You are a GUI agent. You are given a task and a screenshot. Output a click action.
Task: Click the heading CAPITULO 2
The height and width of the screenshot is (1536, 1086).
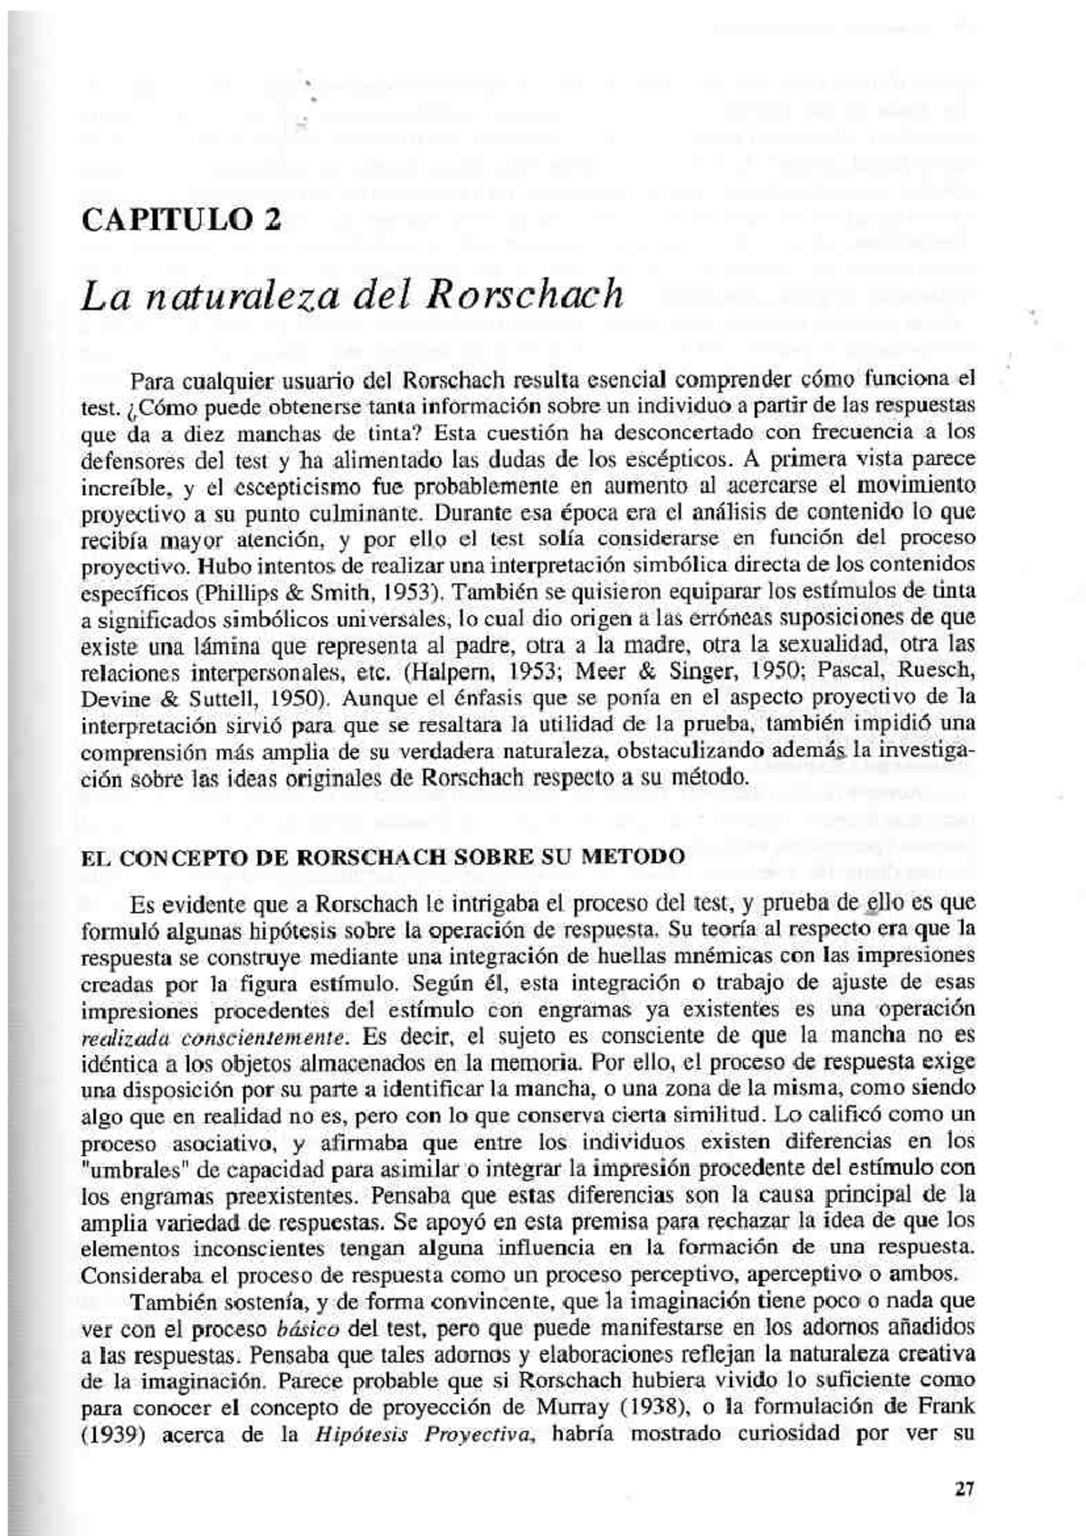tap(181, 220)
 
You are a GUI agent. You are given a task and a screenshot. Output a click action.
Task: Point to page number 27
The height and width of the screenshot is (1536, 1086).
tap(964, 1488)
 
